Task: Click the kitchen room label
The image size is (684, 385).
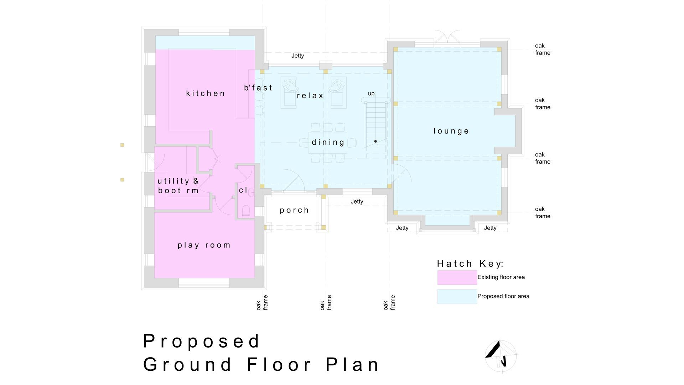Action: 206,93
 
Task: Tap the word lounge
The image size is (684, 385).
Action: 451,131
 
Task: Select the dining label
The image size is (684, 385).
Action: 328,143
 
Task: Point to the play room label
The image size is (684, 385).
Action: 204,245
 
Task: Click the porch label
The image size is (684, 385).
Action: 294,210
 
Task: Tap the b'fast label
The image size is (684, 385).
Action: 258,88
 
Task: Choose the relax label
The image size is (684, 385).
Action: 310,96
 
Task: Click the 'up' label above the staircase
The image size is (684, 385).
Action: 371,94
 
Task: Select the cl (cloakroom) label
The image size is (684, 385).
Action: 243,190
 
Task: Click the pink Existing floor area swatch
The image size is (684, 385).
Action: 457,277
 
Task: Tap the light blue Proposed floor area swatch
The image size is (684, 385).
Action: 457,297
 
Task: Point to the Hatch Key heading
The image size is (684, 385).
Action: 470,263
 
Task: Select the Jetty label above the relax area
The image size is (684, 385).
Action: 298,56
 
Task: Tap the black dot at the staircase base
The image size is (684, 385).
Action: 375,142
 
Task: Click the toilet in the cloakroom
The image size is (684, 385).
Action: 246,211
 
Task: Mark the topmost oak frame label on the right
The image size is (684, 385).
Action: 543,49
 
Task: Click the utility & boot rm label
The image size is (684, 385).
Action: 178,186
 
